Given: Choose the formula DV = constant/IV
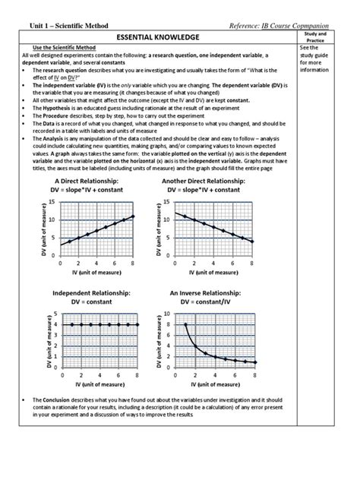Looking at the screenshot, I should (x=207, y=301).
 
